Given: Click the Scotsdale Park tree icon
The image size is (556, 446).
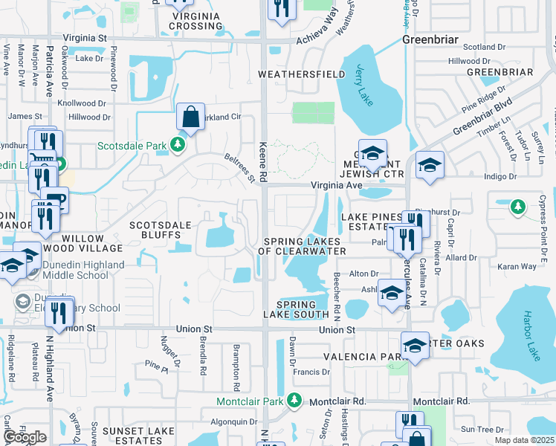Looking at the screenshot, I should pyautogui.click(x=178, y=144).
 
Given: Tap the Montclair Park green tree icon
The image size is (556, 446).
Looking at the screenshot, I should pyautogui.click(x=295, y=401).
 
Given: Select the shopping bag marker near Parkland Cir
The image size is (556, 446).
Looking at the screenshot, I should pyautogui.click(x=191, y=117).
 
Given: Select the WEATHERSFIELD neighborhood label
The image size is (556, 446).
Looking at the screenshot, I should pyautogui.click(x=301, y=74).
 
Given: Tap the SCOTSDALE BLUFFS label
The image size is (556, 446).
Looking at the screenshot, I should pyautogui.click(x=161, y=230).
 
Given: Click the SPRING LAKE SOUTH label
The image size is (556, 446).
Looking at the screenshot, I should pyautogui.click(x=302, y=309).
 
